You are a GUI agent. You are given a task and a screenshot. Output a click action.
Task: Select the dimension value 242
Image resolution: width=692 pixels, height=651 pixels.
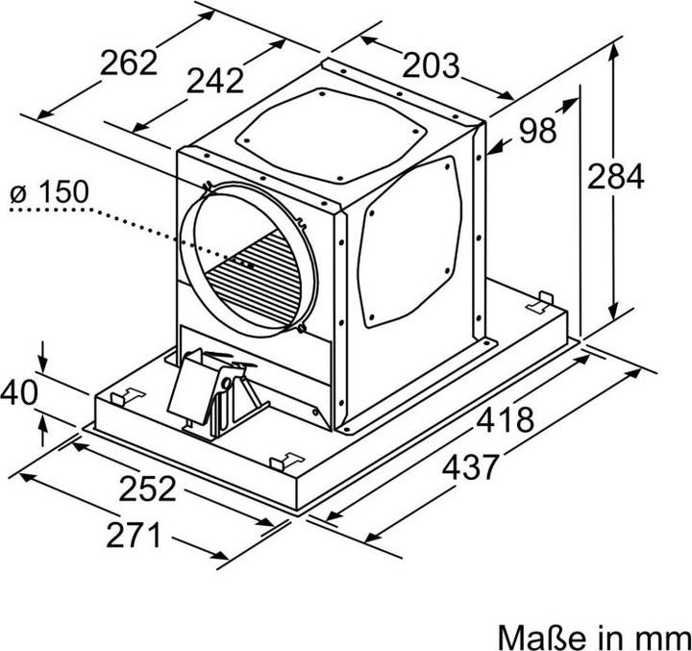[214, 82]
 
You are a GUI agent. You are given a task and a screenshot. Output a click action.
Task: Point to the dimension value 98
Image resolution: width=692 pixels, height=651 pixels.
[537, 130]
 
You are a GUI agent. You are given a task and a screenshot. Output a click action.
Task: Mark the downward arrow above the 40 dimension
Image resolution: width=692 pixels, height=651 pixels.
[43, 363]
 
